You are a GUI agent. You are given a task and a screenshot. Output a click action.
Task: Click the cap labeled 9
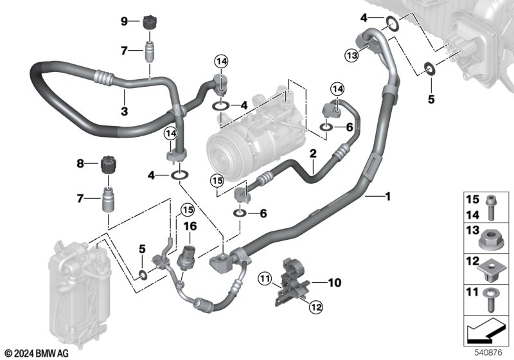(150, 22)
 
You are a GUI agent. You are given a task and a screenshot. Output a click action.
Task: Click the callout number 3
(124, 111)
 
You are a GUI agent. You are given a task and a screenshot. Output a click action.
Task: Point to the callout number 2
(313, 153)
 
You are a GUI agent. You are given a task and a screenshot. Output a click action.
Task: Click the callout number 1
(389, 197)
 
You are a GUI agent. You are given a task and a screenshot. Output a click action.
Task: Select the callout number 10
(335, 283)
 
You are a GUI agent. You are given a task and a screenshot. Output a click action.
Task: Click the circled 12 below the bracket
(316, 307)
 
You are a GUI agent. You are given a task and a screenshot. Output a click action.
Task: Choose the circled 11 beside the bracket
(265, 279)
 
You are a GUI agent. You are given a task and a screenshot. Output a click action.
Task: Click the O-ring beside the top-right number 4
(392, 24)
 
